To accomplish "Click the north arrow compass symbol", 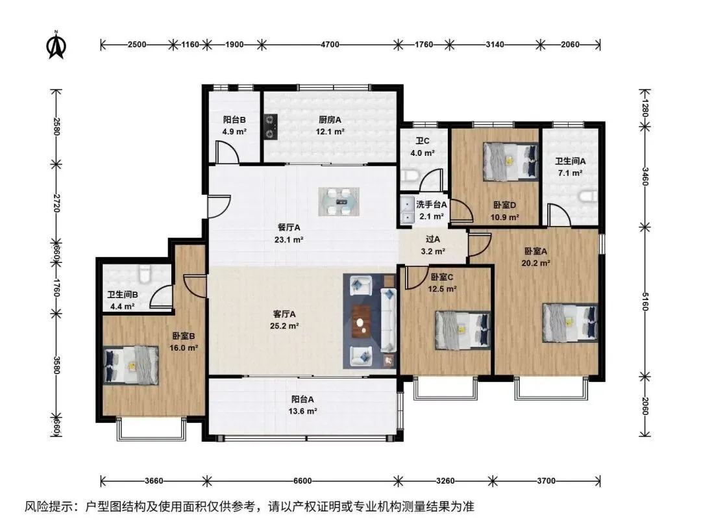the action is tap(56, 45).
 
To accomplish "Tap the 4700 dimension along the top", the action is tap(330, 44).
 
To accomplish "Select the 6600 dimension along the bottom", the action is tap(302, 481).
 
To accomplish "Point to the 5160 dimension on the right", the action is tap(645, 301).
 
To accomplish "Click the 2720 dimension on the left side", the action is tap(56, 203).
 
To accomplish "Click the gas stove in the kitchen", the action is tap(271, 127).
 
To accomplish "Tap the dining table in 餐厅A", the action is tap(339, 202).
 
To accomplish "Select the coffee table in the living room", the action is tap(360, 321).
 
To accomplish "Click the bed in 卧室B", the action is tap(131, 365).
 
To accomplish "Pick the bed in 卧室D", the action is tap(510, 161).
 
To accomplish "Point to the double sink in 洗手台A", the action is tap(407, 209).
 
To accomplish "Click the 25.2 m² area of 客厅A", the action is tap(284, 326).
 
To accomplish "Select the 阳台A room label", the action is tap(302, 399).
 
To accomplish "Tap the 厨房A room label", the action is tap(330, 120).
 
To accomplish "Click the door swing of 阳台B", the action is tap(227, 152).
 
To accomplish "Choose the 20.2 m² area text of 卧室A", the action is tap(535, 263).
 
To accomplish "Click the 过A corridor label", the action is tap(433, 240).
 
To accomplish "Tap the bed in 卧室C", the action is tap(463, 330).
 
